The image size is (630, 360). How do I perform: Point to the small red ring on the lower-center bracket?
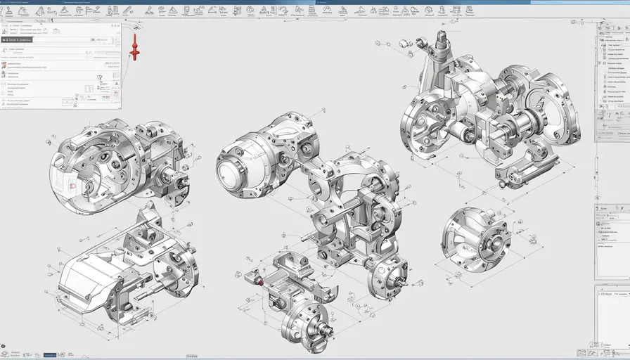[x=260, y=282]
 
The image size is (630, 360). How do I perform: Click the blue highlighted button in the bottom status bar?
[x=49, y=355]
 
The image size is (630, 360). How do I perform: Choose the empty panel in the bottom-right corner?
[x=612, y=316]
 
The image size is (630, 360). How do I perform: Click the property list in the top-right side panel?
[x=613, y=70]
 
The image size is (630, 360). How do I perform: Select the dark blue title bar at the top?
[x=315, y=2]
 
